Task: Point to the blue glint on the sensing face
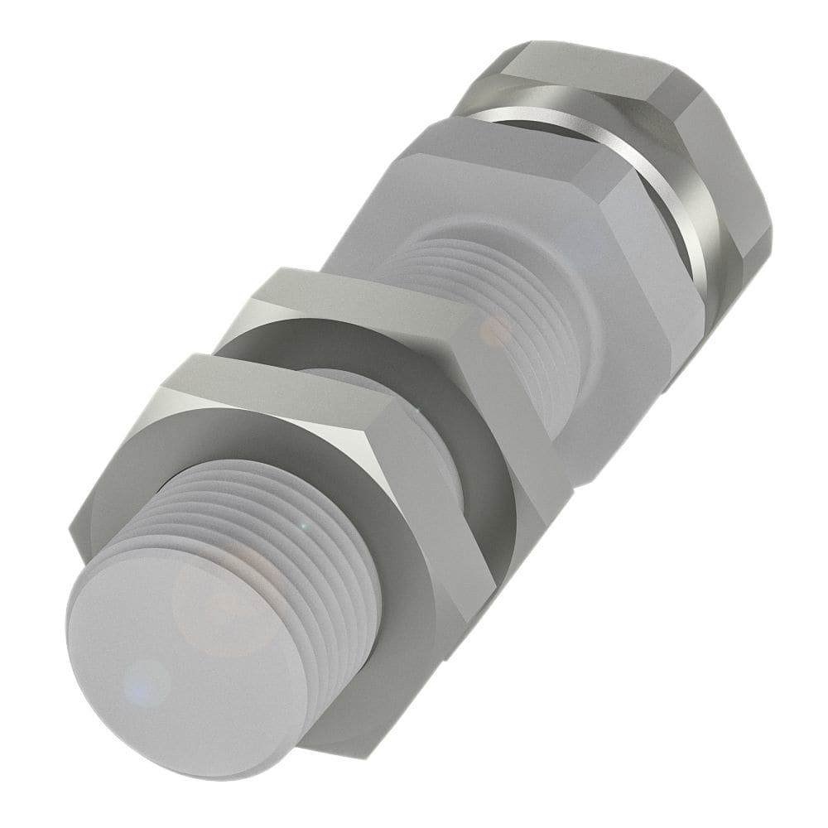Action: click(x=148, y=679)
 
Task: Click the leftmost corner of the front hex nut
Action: click(x=73, y=542)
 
